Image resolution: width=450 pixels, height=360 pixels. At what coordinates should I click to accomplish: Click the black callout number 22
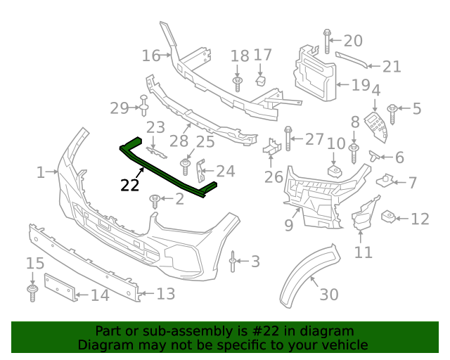129,185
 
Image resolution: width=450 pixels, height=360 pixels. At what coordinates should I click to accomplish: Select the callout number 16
151,55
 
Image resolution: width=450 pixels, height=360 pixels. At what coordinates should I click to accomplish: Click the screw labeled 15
32,292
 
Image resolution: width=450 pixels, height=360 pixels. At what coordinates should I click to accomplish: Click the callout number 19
360,85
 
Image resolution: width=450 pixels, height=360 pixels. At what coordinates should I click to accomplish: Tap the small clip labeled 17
259,77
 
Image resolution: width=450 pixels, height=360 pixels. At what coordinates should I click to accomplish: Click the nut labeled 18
238,83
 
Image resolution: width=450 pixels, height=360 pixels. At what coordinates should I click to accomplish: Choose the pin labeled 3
233,262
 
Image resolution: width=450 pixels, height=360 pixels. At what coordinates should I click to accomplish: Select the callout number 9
288,226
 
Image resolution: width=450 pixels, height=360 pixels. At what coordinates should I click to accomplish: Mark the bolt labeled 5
393,109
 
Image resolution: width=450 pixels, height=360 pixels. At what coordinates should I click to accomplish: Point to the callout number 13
165,294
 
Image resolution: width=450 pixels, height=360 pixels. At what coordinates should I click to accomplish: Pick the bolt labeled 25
186,168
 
